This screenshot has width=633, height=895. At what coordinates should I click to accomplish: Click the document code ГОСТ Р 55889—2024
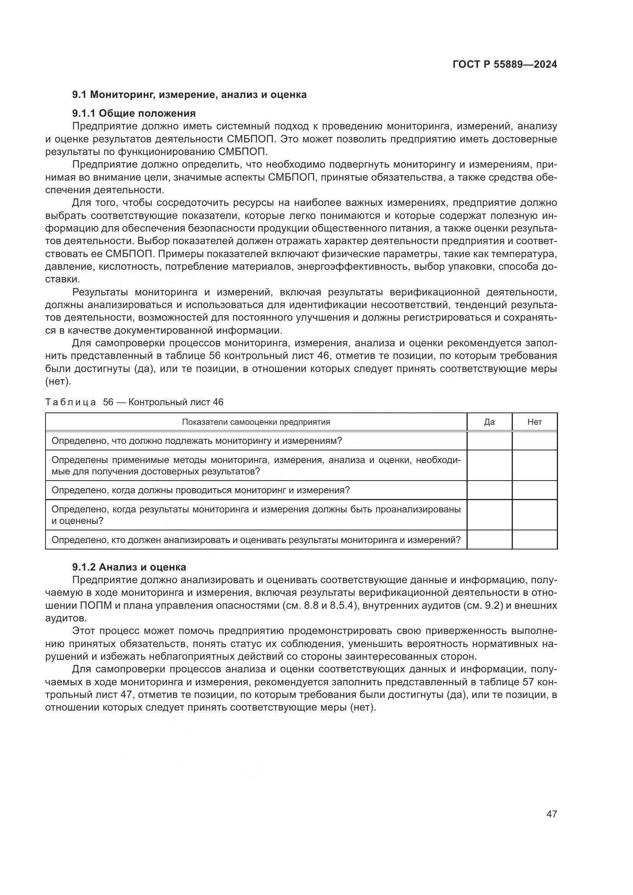coord(504,64)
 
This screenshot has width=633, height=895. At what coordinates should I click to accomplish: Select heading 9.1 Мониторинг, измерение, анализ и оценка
coord(189,95)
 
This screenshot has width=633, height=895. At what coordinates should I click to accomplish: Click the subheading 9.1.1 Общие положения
coord(134,113)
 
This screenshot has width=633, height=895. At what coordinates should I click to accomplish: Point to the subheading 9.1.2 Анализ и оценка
coord(129,567)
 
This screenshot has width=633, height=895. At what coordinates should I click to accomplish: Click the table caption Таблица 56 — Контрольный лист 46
coord(134,402)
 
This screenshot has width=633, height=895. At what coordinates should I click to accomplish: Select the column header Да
coord(489,422)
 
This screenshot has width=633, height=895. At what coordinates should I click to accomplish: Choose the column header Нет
coord(534,422)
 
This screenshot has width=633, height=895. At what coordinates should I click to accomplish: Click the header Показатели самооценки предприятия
coord(256,422)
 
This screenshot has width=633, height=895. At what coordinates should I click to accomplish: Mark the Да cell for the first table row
coord(489,441)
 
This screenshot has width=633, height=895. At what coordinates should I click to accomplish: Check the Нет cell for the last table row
coord(534,540)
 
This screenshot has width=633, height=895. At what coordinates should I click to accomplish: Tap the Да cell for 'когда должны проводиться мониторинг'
coord(489,490)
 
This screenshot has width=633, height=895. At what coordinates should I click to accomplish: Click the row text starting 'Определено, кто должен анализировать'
coord(256,540)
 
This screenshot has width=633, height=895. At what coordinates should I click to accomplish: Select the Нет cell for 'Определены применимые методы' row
coord(534,466)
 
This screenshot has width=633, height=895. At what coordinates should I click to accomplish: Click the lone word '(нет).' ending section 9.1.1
coord(59,381)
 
